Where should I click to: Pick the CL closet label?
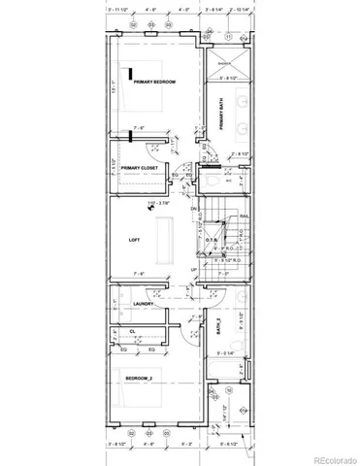pyautogui.click(x=131, y=331)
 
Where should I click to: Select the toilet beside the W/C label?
pyautogui.click(x=214, y=178)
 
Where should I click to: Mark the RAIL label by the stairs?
pyautogui.click(x=244, y=217)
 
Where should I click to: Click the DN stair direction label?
pyautogui.click(x=194, y=209)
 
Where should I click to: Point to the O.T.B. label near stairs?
pyautogui.click(x=211, y=240)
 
